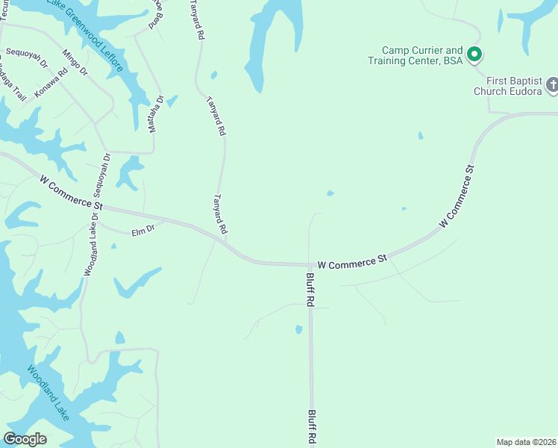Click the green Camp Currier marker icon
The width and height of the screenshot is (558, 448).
tap(473, 54)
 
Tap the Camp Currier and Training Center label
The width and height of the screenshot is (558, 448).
tap(416, 55)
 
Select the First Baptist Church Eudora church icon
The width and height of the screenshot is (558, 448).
tap(552, 84)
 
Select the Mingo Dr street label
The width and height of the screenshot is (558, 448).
tap(75, 62)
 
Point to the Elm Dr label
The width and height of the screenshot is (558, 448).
tap(142, 231)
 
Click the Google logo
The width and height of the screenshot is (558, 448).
tap(25, 438)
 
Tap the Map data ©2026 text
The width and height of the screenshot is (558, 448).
tap(525, 441)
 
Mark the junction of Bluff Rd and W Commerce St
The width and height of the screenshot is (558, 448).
tap(310, 264)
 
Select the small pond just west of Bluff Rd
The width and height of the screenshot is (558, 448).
tap(298, 329)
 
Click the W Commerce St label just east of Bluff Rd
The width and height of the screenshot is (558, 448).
tap(352, 261)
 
